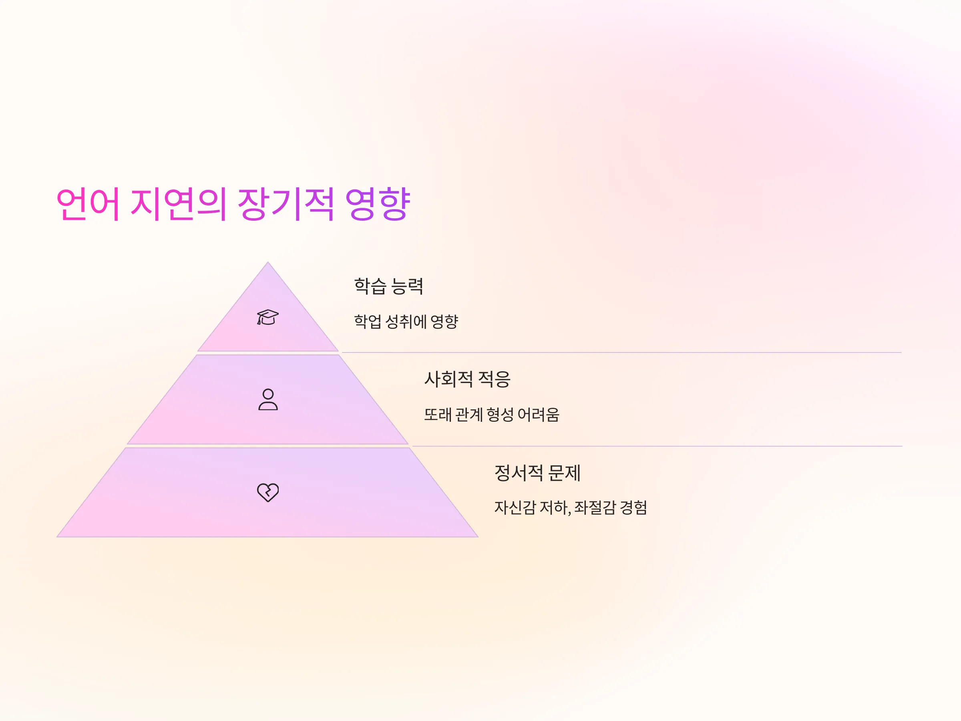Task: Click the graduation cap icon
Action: (267, 317)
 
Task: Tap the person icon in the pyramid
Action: (268, 399)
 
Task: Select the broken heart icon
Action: (268, 492)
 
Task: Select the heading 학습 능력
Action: (388, 286)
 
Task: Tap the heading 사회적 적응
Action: (467, 379)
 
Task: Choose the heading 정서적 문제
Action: (537, 473)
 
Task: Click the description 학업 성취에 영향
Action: (406, 322)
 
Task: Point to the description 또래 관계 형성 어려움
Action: (492, 415)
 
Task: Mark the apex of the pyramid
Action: (267, 262)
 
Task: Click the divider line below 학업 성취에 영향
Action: (622, 352)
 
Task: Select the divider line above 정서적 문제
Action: (657, 446)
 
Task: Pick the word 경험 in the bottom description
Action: (633, 508)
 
